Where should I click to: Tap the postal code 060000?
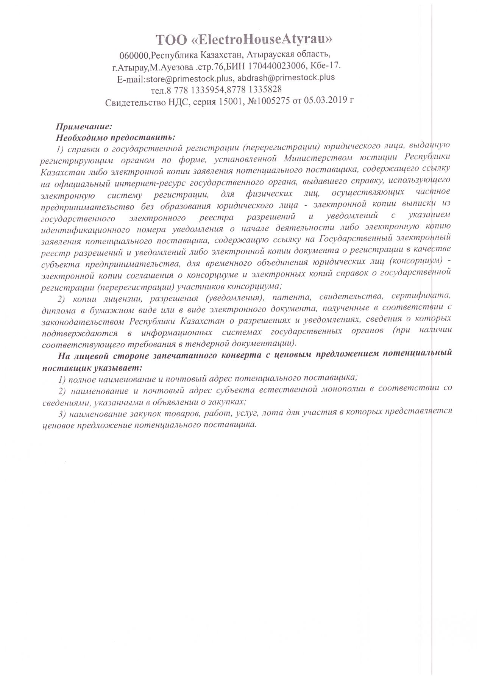coord(134,56)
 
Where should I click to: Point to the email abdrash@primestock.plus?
coord(286,77)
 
